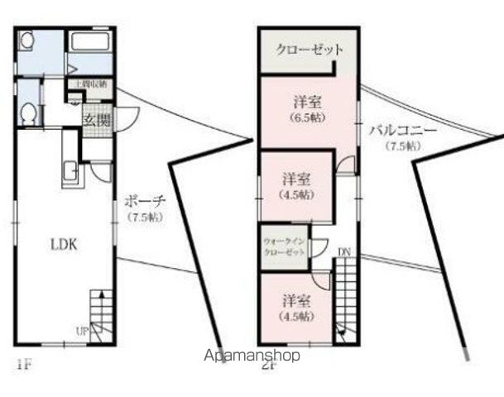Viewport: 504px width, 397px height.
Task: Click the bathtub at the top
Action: [x=91, y=44]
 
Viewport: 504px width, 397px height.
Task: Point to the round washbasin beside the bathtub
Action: [x=26, y=41]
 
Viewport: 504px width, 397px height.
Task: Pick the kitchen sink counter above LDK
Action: [x=70, y=172]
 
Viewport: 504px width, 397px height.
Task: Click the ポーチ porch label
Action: [x=145, y=201]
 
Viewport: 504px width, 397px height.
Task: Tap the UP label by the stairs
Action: [x=82, y=332]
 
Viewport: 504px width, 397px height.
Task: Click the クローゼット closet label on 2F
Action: [x=310, y=50]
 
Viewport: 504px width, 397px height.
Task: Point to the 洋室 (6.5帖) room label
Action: [x=307, y=109]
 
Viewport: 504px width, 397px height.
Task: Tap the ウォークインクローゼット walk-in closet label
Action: [x=283, y=246]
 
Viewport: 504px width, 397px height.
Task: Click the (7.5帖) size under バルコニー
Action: [x=401, y=146]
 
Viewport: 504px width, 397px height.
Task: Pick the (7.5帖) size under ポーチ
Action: [x=145, y=218]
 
